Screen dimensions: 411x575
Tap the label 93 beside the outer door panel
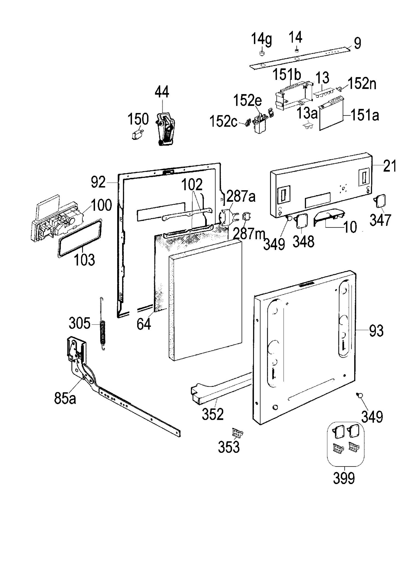click(x=376, y=330)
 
